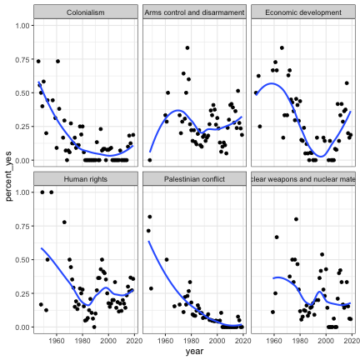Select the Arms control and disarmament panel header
[194, 12]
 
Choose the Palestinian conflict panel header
[194, 179]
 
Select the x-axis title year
[194, 352]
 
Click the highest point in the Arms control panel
[187, 47]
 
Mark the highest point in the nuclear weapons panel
[296, 219]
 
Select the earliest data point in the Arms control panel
[150, 159]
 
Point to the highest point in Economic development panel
[282, 47]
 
